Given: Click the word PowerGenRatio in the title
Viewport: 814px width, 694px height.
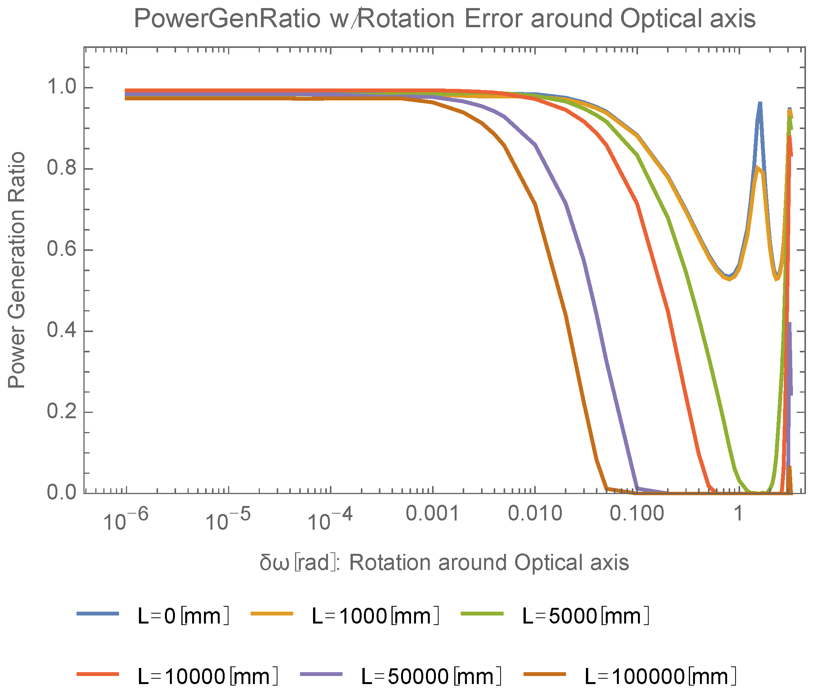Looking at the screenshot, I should tap(227, 19).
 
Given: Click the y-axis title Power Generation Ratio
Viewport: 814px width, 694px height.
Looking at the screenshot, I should tap(16, 270).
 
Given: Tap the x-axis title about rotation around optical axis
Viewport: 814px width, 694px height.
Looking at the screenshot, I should tap(444, 563).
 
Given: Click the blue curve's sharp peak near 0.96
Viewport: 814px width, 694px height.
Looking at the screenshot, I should tap(760, 104).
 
